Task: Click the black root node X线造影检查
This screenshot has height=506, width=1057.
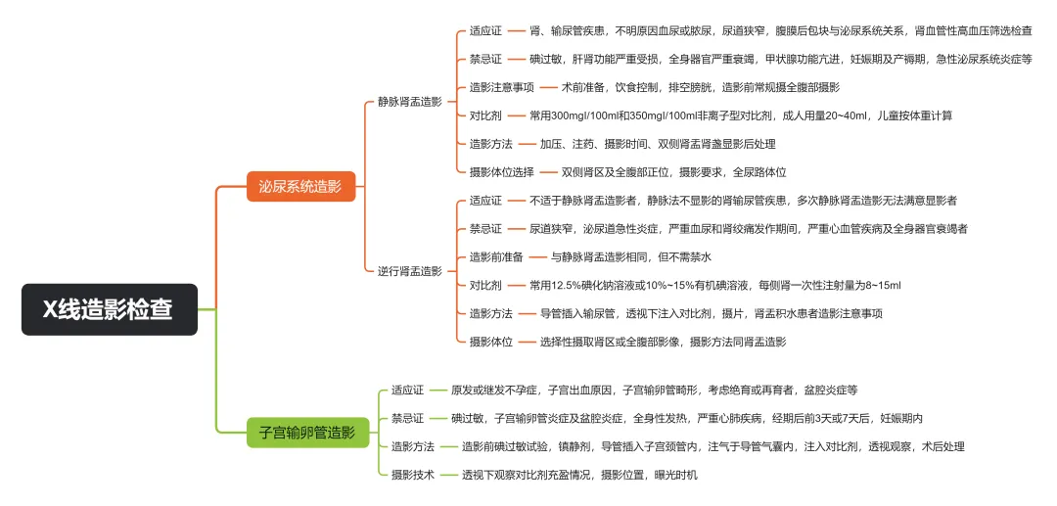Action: (x=109, y=309)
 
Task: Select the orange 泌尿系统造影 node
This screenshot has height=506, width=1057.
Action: (x=300, y=186)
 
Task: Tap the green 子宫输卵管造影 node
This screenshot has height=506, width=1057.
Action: (x=306, y=432)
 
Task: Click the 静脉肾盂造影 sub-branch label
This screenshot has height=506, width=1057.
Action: (x=410, y=101)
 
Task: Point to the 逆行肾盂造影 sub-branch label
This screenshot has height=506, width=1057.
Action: (x=410, y=270)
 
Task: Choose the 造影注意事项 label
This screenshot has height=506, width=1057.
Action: (x=501, y=87)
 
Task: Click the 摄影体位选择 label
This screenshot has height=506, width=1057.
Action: (x=501, y=172)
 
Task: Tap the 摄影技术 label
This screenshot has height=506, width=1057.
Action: (x=413, y=475)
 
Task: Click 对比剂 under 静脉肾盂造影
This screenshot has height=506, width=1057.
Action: (x=485, y=115)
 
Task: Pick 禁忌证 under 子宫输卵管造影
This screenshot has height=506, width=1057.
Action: (x=407, y=418)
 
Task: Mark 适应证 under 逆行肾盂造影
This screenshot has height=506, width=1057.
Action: (x=485, y=200)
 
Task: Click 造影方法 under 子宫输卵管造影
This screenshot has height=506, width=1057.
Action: (x=413, y=446)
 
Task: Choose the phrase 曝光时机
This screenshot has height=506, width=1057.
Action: (x=672, y=475)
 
